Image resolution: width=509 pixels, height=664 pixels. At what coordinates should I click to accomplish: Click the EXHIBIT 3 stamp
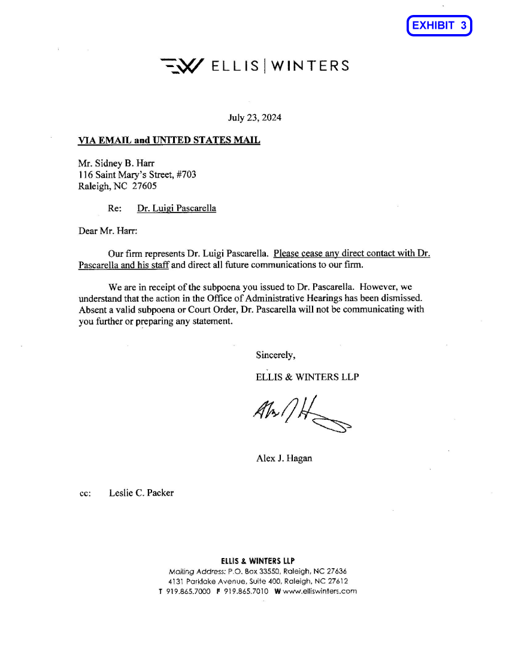(x=439, y=26)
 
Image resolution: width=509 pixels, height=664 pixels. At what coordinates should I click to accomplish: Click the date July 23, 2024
(x=255, y=117)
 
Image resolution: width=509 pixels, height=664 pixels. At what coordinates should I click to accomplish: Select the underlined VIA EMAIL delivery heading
(x=169, y=141)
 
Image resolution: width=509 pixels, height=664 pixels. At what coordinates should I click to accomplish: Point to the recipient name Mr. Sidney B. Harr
(x=113, y=163)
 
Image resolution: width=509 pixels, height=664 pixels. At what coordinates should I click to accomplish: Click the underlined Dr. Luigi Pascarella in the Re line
(x=177, y=208)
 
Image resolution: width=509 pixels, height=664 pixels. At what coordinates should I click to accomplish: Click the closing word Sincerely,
(x=275, y=354)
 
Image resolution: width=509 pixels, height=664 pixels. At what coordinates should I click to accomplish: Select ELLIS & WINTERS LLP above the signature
(x=307, y=377)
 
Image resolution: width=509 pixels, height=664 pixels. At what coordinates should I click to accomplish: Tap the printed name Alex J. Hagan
(x=284, y=459)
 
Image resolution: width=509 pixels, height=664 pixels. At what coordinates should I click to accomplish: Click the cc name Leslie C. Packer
(x=141, y=493)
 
